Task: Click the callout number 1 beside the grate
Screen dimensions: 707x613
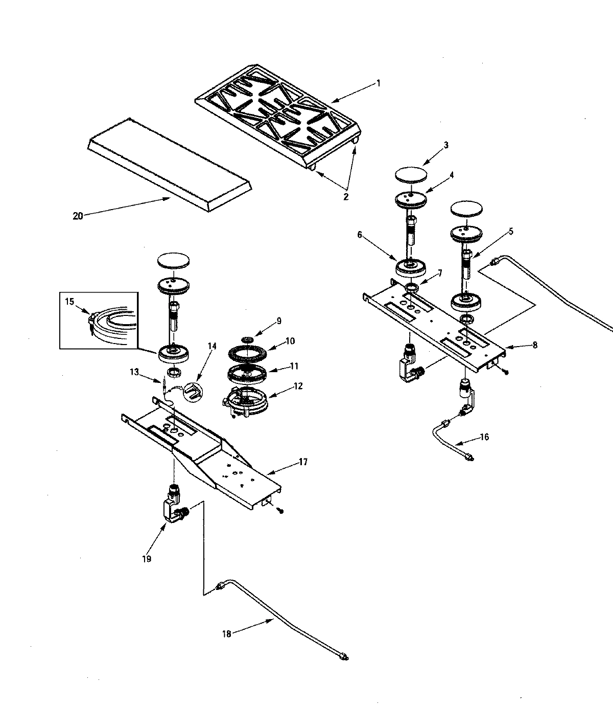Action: tap(378, 83)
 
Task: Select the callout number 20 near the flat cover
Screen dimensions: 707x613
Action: tap(78, 216)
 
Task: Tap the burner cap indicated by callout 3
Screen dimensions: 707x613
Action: tap(411, 174)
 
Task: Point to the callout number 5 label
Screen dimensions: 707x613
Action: tap(510, 231)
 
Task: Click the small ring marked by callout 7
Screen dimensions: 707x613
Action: tap(412, 289)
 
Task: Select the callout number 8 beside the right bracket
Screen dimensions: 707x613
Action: tap(534, 345)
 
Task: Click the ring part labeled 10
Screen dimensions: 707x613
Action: tap(247, 353)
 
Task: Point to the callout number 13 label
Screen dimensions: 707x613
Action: tap(134, 372)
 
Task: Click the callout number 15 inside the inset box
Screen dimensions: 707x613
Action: tap(69, 302)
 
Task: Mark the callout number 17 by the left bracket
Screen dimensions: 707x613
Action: tap(303, 462)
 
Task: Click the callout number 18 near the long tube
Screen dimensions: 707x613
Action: tap(227, 634)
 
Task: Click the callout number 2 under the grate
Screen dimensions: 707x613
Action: tap(346, 197)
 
